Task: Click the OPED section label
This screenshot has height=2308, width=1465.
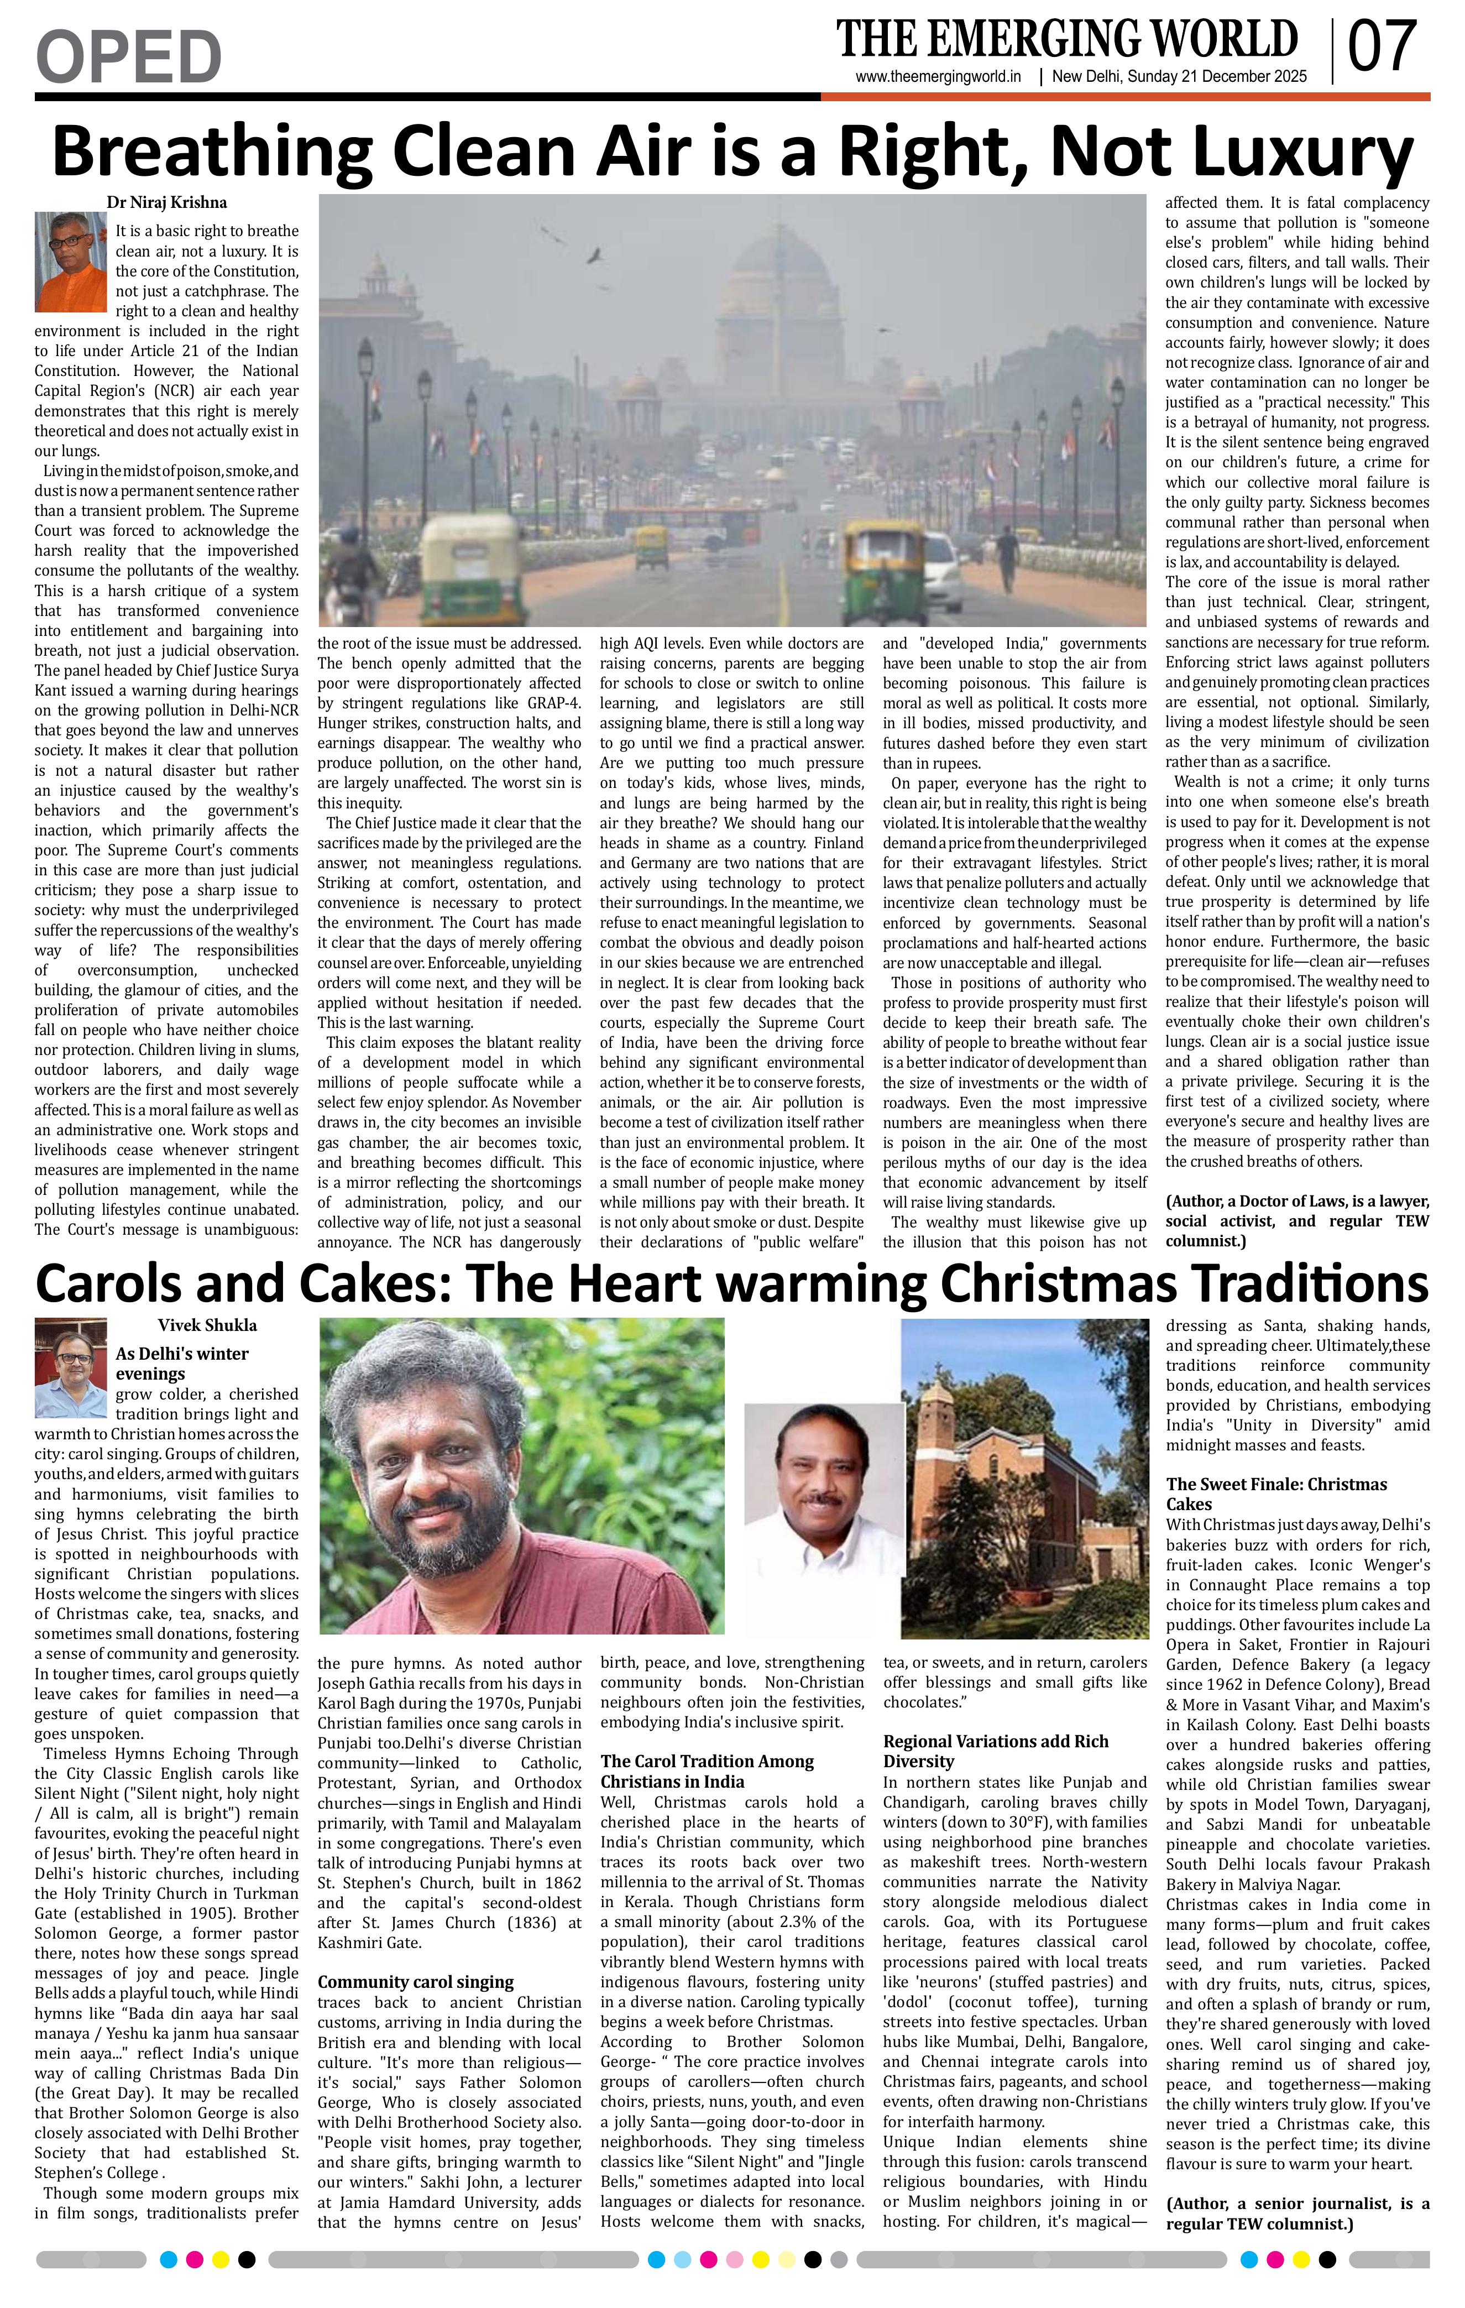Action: click(x=128, y=56)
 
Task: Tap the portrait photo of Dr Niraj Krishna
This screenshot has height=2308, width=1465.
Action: click(x=70, y=262)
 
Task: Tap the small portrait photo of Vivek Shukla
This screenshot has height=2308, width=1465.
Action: click(x=70, y=1369)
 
